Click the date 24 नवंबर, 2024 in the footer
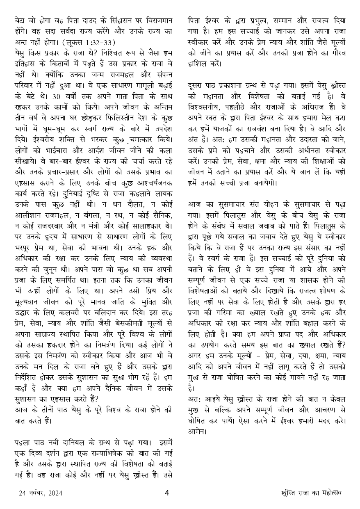(40, 493)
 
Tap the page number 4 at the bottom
(167, 493)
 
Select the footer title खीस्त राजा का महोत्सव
(312, 493)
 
